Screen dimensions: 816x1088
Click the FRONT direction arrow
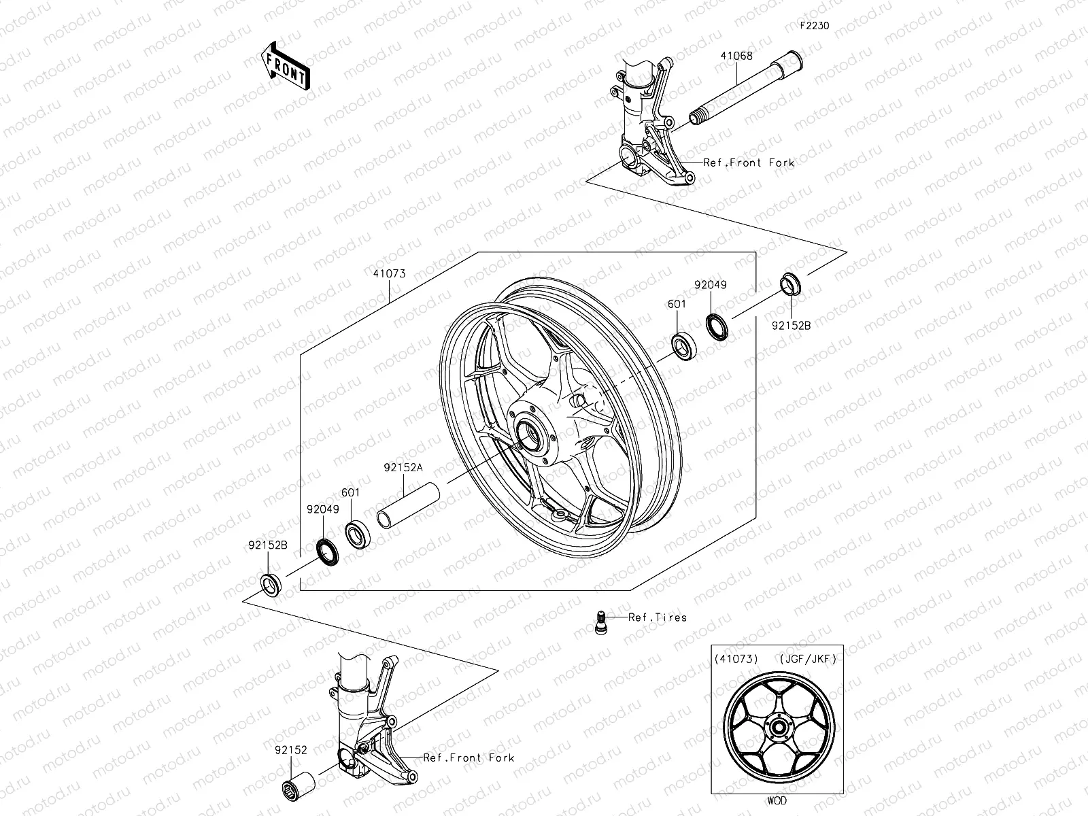pos(284,65)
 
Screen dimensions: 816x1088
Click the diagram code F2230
pos(814,27)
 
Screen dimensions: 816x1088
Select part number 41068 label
pos(737,56)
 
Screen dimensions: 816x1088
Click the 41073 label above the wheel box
pos(389,273)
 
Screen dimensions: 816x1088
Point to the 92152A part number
pos(403,467)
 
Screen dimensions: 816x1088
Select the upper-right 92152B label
pos(791,326)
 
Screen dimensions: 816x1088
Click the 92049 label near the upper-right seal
pos(710,285)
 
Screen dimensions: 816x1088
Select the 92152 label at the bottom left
pos(291,751)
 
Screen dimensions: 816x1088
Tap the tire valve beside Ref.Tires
pos(600,621)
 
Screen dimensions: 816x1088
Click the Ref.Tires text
pos(657,617)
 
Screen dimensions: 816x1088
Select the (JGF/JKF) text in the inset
pos(805,658)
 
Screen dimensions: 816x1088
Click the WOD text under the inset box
pos(777,800)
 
